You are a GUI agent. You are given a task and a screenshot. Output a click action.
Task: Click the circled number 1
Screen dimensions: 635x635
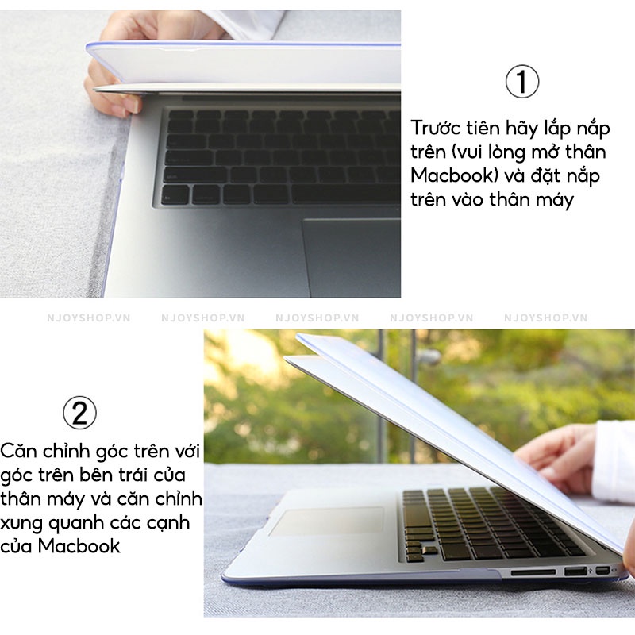point(522,81)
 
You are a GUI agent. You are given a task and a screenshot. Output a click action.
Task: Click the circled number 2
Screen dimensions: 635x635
point(80,413)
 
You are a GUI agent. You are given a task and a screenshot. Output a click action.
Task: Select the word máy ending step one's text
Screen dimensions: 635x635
point(555,201)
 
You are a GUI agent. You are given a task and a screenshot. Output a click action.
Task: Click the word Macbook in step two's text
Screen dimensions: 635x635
point(79,546)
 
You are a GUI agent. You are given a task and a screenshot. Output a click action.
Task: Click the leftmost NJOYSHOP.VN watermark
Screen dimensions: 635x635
point(89,318)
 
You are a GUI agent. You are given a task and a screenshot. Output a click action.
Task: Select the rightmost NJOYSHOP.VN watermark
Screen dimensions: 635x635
point(545,318)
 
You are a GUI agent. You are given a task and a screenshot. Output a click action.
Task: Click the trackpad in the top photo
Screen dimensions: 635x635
point(352,257)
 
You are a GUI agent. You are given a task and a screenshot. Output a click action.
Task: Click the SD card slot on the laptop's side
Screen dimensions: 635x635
point(533,572)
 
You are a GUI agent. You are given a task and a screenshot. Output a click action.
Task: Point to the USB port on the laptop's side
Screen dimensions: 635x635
point(575,571)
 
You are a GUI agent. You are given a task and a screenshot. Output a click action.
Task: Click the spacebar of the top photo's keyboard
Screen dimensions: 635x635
point(345,195)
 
